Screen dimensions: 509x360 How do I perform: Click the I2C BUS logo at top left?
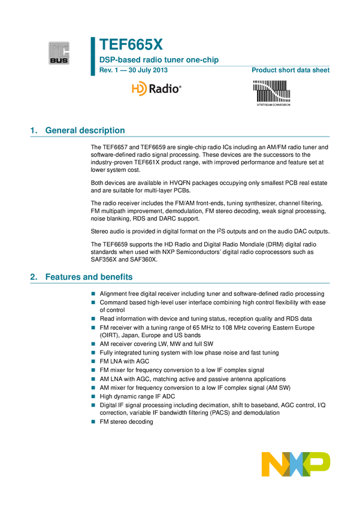click(59, 53)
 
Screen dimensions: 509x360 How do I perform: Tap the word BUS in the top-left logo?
click(59, 59)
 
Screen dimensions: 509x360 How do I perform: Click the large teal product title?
click(131, 45)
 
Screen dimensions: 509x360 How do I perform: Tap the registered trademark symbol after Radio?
click(180, 86)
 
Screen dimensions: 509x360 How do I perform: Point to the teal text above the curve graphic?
click(291, 71)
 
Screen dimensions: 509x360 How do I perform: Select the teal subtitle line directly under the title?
click(159, 60)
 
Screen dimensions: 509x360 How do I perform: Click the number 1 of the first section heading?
click(33, 131)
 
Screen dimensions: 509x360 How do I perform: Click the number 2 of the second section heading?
click(33, 277)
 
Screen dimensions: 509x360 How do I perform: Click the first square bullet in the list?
click(93, 293)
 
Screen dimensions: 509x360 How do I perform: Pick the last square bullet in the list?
click(93, 422)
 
